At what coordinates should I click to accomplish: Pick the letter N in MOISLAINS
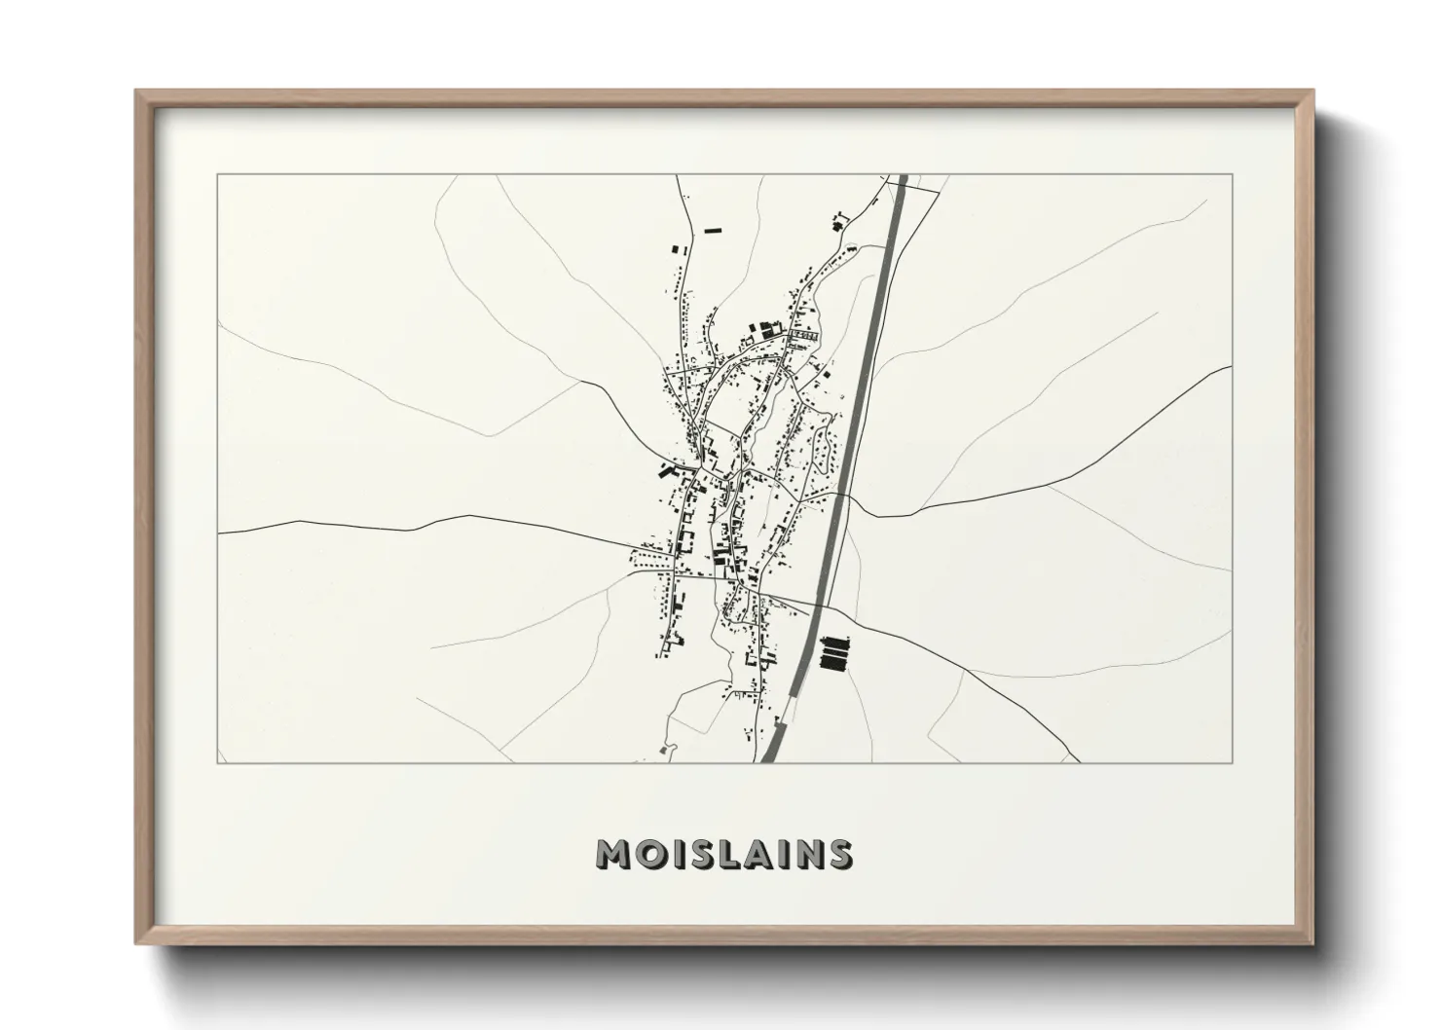[810, 854]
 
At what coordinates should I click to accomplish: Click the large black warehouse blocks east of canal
[834, 652]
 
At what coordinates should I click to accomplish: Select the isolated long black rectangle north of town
[716, 231]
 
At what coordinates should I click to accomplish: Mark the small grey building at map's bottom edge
[666, 749]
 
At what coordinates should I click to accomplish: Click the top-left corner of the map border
[218, 175]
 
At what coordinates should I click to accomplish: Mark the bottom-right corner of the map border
[1232, 762]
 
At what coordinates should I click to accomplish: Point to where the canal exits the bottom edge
[768, 760]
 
